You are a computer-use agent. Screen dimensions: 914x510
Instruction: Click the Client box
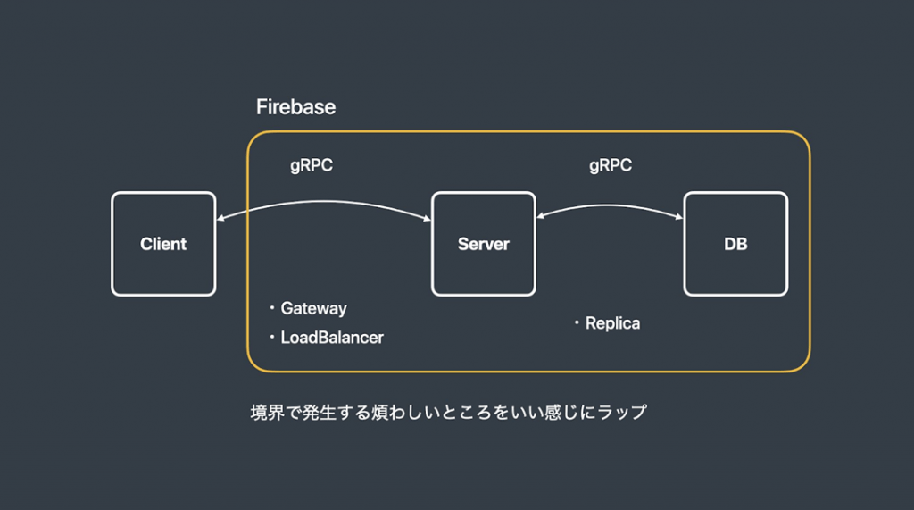pos(163,244)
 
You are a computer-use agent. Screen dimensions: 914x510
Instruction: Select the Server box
pos(483,244)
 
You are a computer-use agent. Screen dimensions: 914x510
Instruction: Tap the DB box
pos(735,244)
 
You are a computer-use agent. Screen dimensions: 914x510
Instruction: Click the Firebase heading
pos(295,107)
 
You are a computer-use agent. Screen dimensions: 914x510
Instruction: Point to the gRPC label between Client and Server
pos(312,166)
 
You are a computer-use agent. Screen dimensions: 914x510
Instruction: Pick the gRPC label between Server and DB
pos(611,166)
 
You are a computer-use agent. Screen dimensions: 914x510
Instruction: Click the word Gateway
pos(313,309)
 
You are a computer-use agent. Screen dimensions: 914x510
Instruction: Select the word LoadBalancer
pos(332,338)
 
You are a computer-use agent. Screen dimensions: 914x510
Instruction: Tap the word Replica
pos(612,323)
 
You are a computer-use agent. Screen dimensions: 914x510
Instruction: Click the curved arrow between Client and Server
pos(323,202)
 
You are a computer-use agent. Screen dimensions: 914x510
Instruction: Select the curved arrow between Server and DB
pos(609,205)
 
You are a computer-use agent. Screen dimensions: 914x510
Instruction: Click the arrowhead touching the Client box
pos(220,219)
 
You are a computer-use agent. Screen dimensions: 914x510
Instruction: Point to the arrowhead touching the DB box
pos(679,217)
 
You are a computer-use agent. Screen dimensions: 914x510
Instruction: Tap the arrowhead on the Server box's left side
pos(428,219)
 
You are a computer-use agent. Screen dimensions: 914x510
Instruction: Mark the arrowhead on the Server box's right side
pos(540,216)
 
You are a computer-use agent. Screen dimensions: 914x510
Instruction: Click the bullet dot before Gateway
pos(271,307)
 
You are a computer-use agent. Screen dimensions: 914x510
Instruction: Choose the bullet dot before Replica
pos(577,322)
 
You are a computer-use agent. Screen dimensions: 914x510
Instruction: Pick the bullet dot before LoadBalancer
pos(271,337)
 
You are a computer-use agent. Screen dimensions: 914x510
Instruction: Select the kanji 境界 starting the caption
pos(268,413)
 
